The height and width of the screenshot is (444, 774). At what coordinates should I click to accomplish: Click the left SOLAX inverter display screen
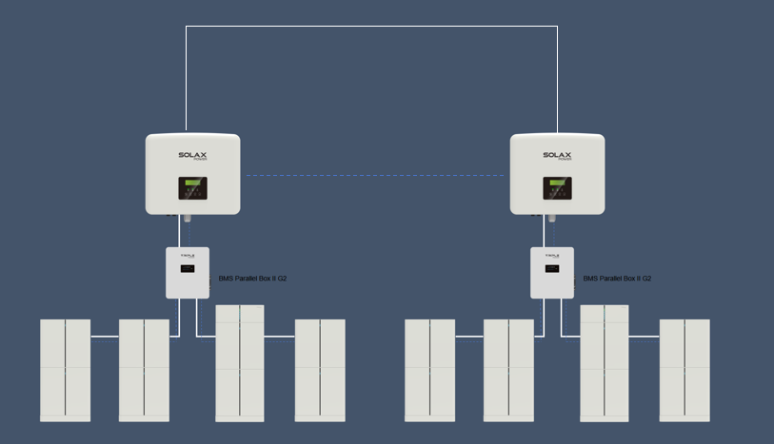point(193,188)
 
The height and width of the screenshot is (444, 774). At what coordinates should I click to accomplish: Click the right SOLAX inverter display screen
point(558,188)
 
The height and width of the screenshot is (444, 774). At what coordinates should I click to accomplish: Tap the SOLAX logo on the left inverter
point(192,156)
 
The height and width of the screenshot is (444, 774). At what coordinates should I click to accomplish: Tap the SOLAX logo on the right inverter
point(557,156)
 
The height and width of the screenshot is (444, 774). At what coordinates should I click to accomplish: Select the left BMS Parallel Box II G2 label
point(253,279)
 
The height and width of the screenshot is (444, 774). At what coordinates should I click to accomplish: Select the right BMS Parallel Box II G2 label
point(618,279)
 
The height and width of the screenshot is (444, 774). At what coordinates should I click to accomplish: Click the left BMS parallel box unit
point(188,273)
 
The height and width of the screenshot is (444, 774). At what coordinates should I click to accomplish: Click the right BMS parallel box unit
point(552,273)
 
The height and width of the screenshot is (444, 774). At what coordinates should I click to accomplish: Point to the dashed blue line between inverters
point(374,176)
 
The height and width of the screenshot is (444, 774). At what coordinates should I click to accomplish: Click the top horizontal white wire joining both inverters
point(371,27)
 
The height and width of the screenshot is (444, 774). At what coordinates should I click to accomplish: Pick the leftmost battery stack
point(65,370)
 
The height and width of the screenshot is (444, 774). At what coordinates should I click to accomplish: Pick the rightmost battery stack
point(685,370)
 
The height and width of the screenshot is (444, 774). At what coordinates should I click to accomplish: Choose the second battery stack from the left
point(144,370)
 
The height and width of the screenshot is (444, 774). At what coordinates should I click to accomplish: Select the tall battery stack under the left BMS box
point(240,362)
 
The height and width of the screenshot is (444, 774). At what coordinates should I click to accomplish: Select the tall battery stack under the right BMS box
point(605,362)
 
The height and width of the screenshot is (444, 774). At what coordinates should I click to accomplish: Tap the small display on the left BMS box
point(188,269)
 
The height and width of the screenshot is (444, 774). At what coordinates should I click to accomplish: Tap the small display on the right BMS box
point(552,269)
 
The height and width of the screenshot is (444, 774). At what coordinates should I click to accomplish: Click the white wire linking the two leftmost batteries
point(105,336)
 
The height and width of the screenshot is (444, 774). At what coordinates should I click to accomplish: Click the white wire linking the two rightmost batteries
point(645,336)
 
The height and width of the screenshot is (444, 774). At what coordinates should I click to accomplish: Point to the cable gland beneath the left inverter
point(188,219)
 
